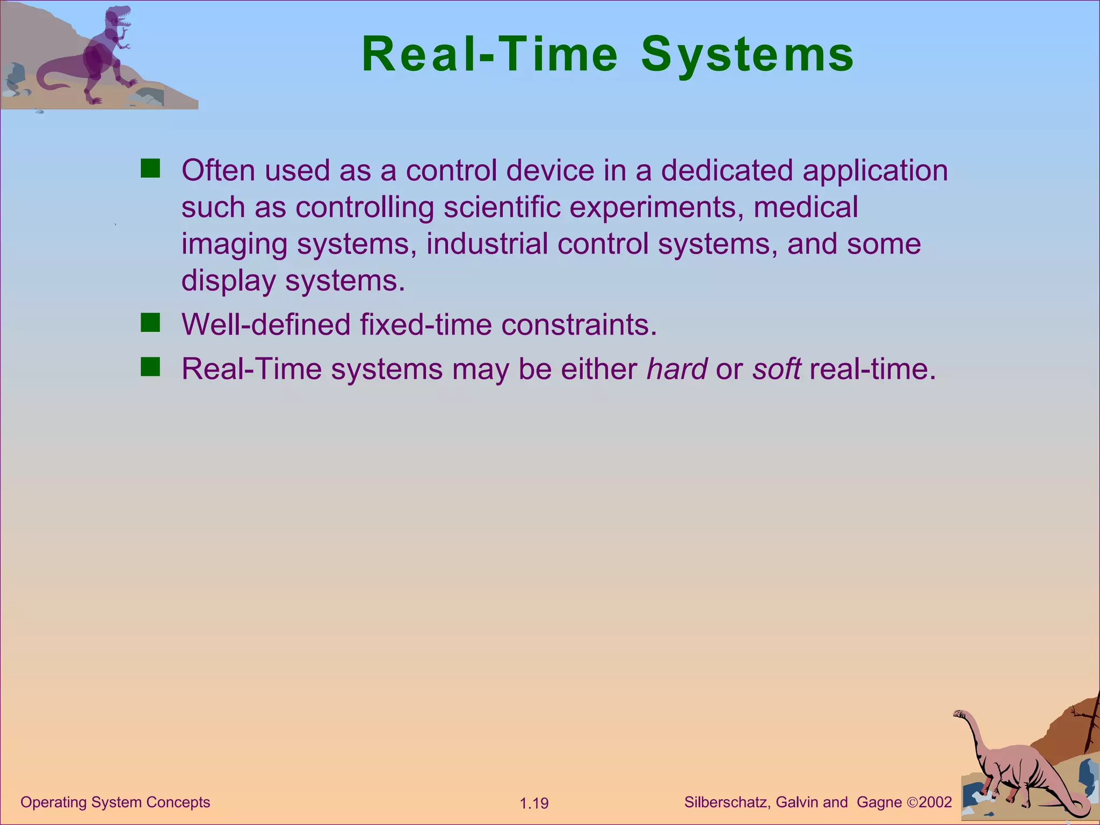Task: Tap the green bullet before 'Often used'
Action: pyautogui.click(x=150, y=168)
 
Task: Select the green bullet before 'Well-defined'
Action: pyautogui.click(x=150, y=323)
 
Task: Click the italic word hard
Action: pyautogui.click(x=677, y=369)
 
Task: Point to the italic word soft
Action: pyautogui.click(x=777, y=369)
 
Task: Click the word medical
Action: pyautogui.click(x=805, y=207)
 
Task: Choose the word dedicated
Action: pyautogui.click(x=726, y=171)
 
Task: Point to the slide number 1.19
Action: pyautogui.click(x=534, y=804)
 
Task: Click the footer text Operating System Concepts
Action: pyautogui.click(x=115, y=802)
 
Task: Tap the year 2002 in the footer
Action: pyautogui.click(x=935, y=802)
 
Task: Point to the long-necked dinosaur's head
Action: pyautogui.click(x=960, y=714)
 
